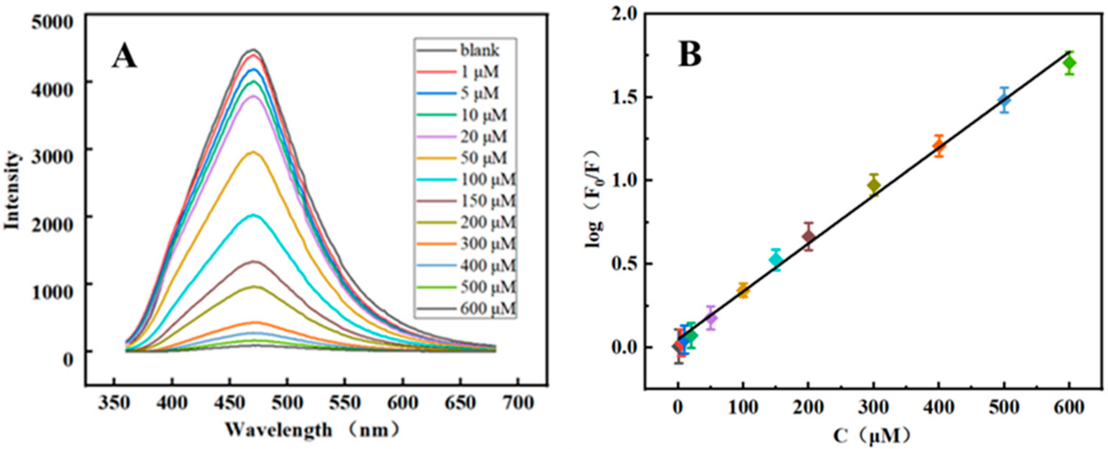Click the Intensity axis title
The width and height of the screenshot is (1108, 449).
13,189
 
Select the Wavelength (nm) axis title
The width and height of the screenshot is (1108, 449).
313,430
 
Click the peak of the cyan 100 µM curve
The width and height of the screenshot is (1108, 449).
254,215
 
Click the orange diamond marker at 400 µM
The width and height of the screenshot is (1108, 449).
939,146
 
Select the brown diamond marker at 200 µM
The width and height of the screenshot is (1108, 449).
809,236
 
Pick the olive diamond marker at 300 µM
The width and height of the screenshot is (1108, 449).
873,185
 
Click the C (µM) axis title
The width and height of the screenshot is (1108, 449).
873,435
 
